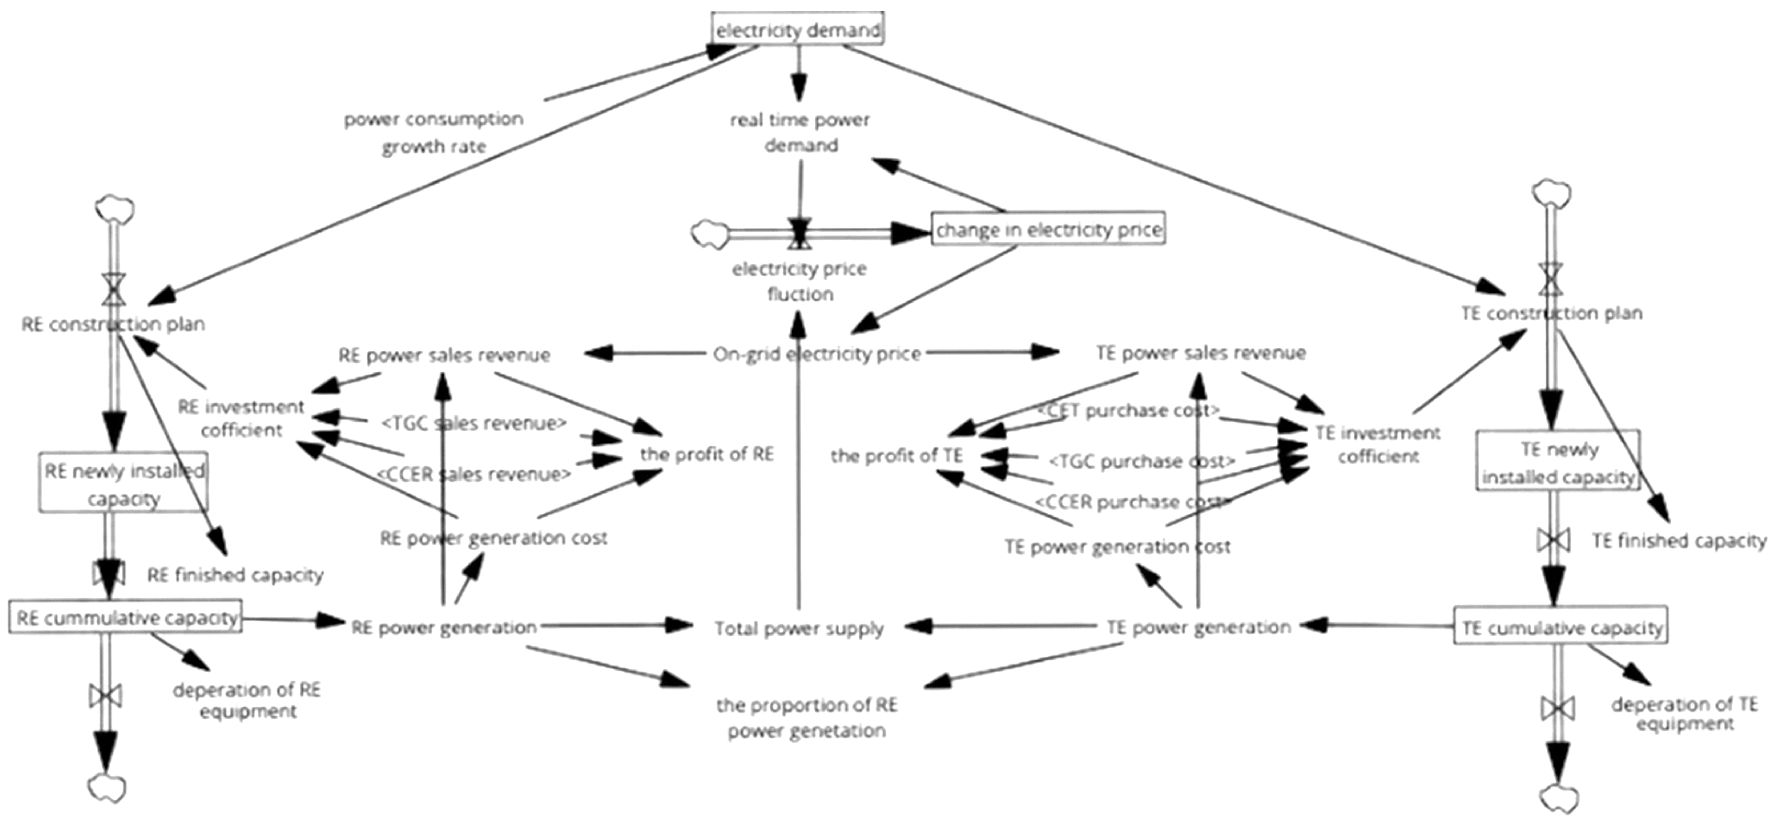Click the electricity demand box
798,29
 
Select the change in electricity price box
1048,229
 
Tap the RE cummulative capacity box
125,617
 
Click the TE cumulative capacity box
1560,627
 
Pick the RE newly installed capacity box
123,483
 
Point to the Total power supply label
799,628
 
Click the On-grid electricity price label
817,354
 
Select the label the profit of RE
706,454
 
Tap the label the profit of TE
896,455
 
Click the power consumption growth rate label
433,132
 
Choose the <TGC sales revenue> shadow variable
474,422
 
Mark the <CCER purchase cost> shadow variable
1132,501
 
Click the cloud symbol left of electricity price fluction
709,234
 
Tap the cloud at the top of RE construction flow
115,207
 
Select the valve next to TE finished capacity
1553,540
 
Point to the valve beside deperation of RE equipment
106,695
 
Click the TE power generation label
1198,627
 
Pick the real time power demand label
800,132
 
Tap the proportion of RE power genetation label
806,718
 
